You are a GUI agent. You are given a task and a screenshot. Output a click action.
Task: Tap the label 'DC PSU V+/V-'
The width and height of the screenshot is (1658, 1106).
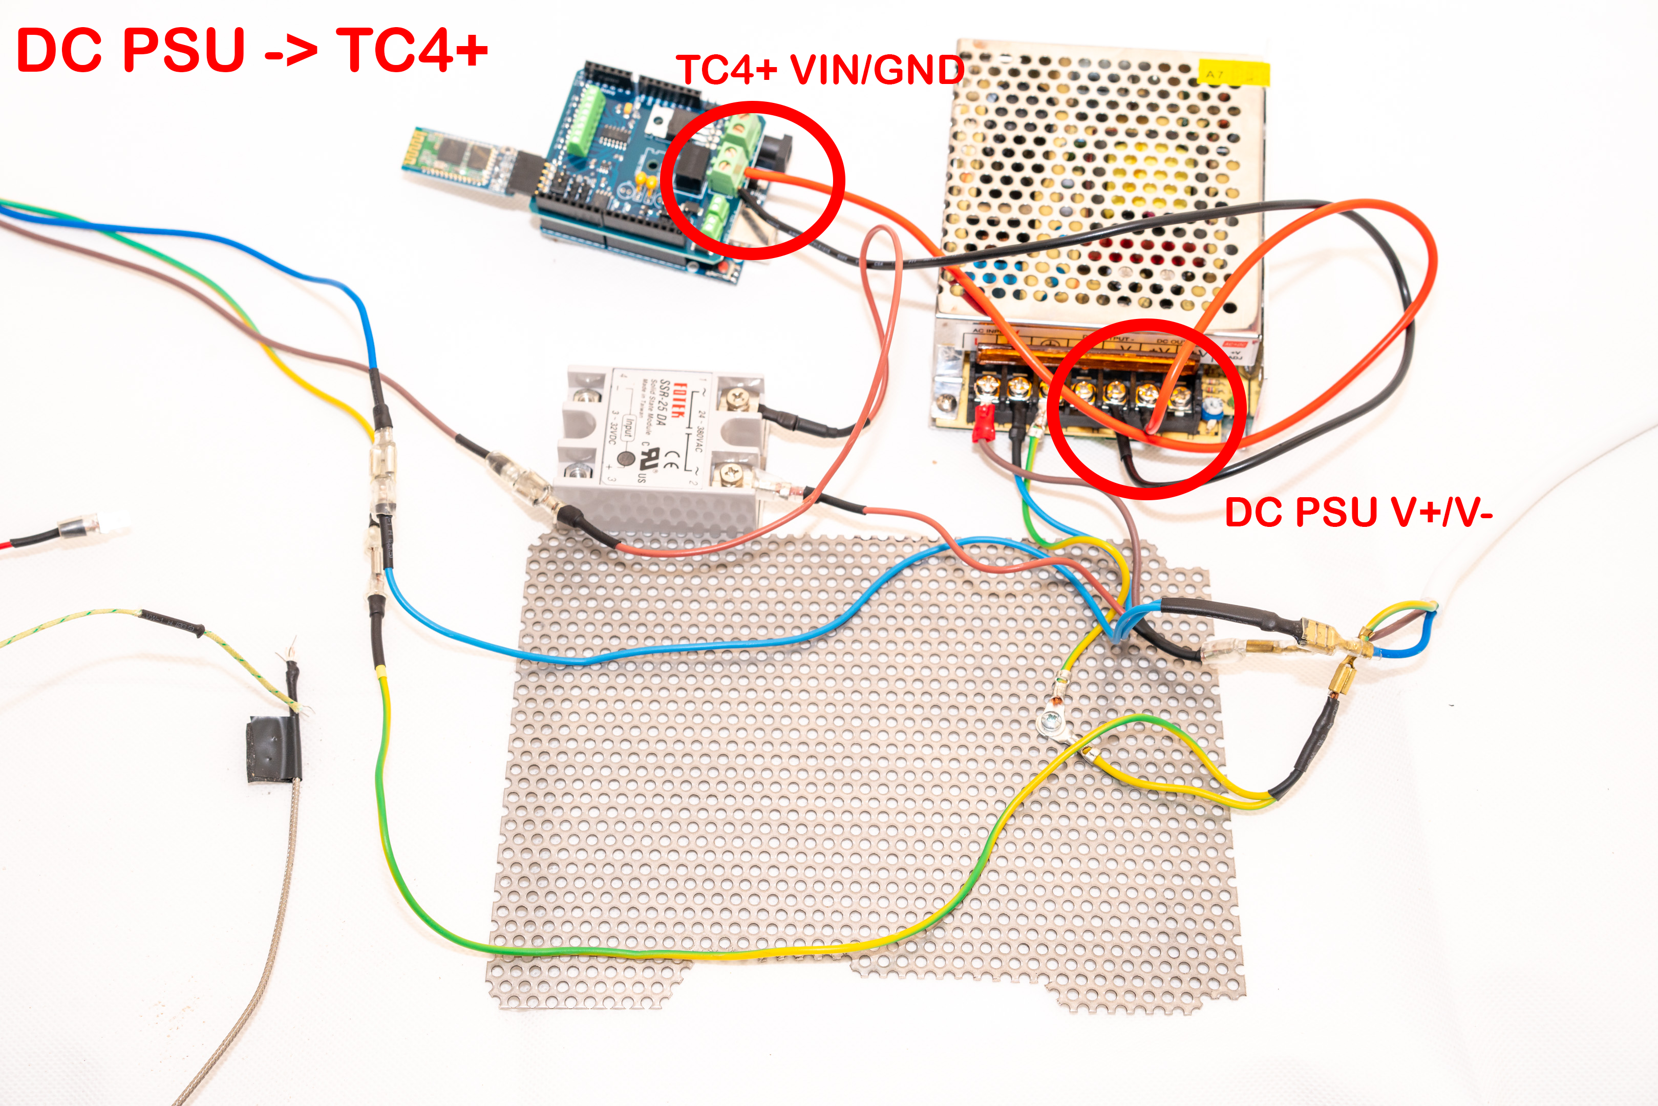(1358, 513)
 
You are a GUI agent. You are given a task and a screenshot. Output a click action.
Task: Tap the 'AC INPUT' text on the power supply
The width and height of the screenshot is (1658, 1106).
(987, 330)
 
